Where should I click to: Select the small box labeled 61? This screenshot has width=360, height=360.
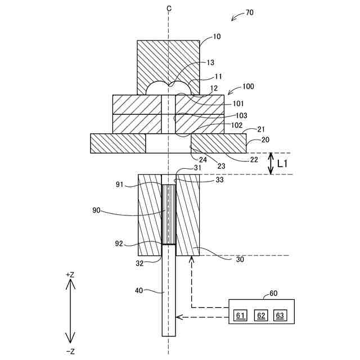240,315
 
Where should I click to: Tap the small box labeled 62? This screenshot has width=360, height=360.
260,315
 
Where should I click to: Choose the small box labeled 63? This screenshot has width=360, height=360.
280,315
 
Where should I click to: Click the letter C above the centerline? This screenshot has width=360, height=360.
168,8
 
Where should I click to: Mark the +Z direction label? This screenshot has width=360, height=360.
70,274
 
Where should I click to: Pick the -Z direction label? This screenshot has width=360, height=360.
70,351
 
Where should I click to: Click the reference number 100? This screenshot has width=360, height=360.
247,87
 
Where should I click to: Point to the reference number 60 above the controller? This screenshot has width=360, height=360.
273,293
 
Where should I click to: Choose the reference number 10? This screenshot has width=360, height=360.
217,37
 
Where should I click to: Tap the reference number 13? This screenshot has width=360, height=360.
211,62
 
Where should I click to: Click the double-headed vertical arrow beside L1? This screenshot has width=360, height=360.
271,163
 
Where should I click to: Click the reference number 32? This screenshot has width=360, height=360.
139,263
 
